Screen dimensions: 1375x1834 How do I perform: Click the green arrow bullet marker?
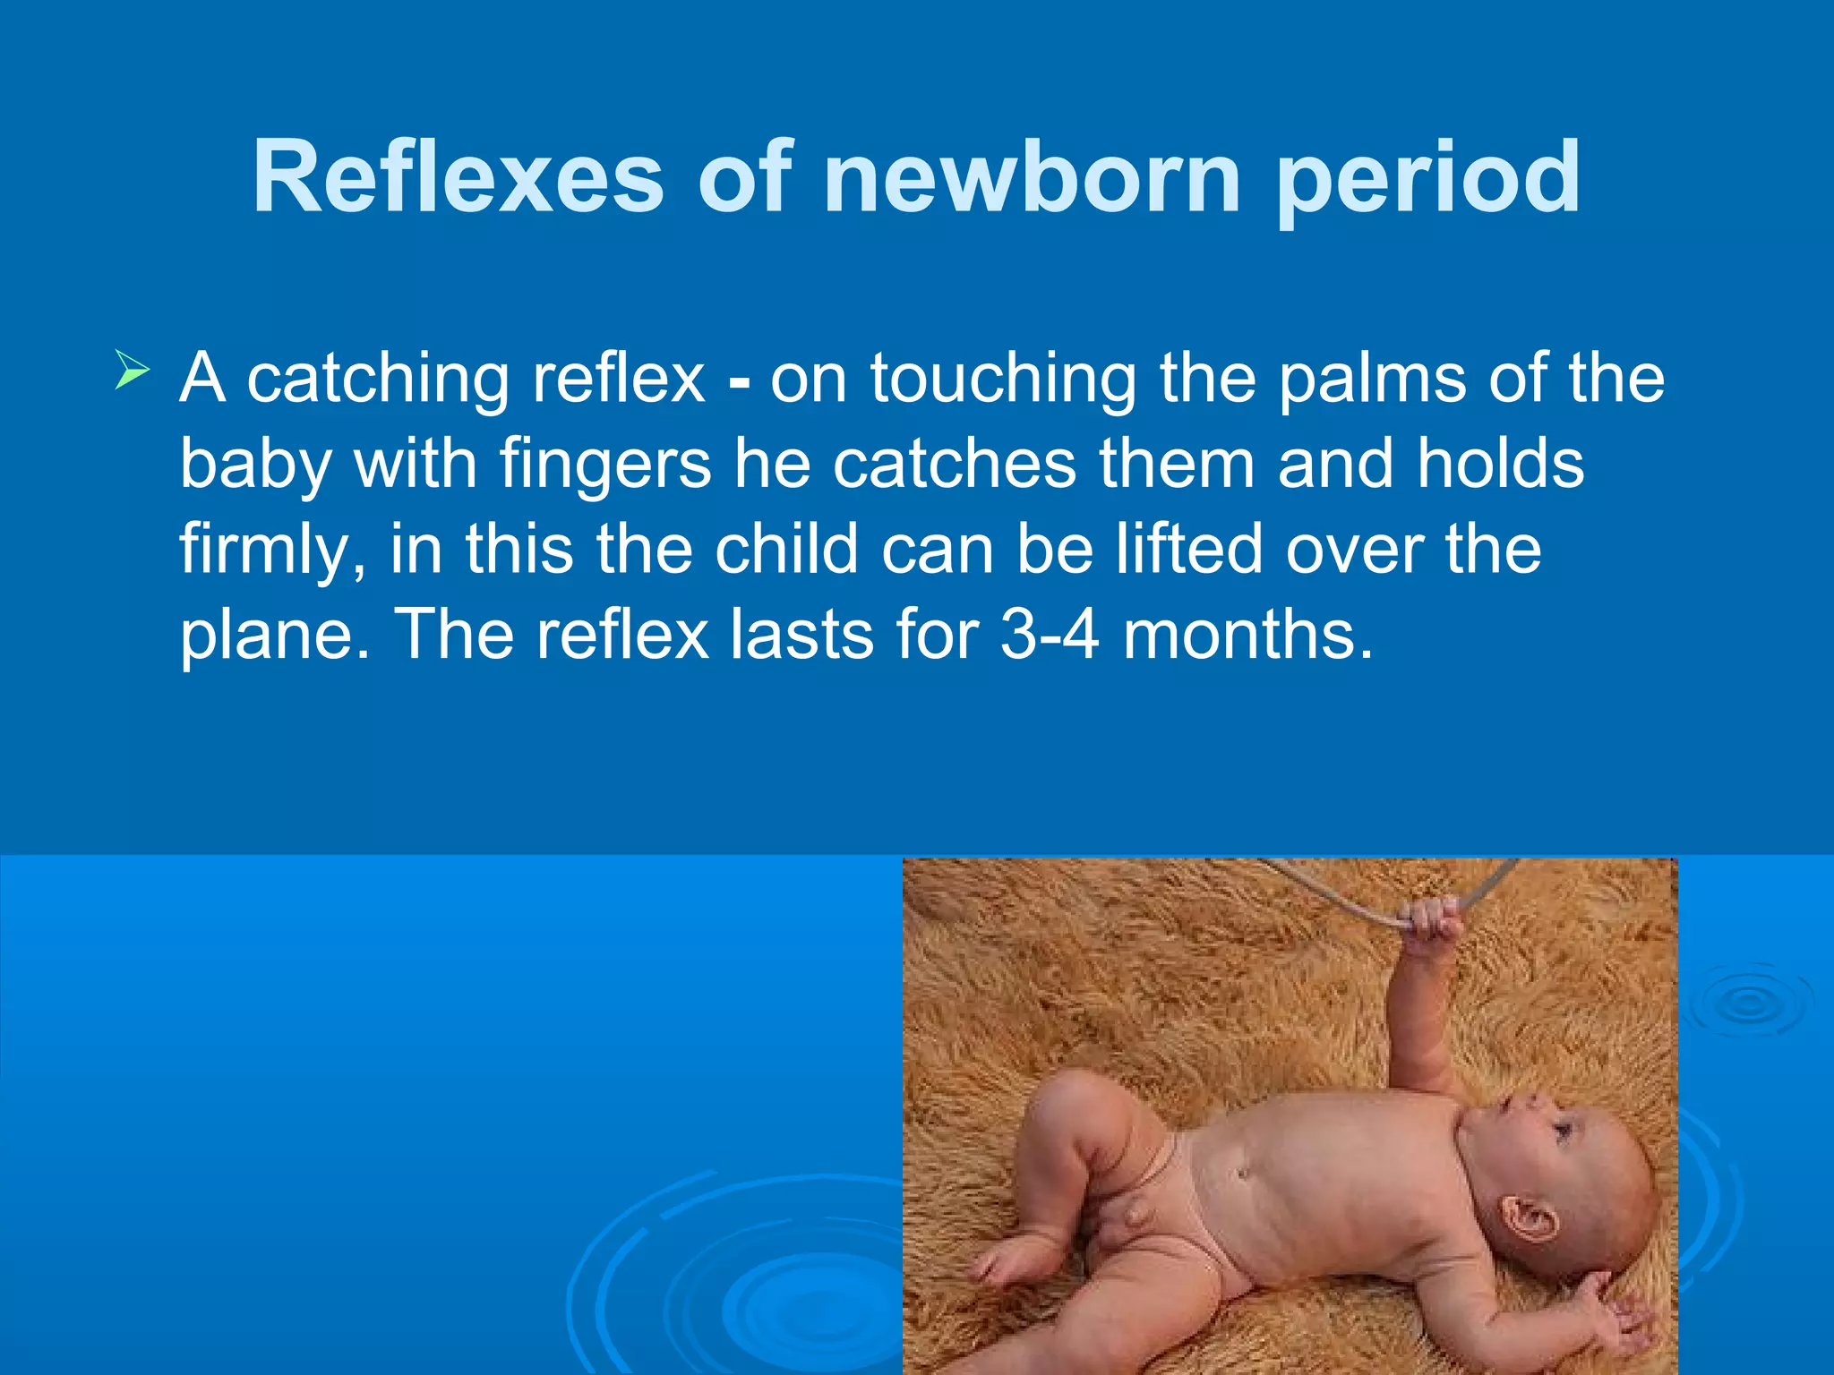[132, 371]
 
